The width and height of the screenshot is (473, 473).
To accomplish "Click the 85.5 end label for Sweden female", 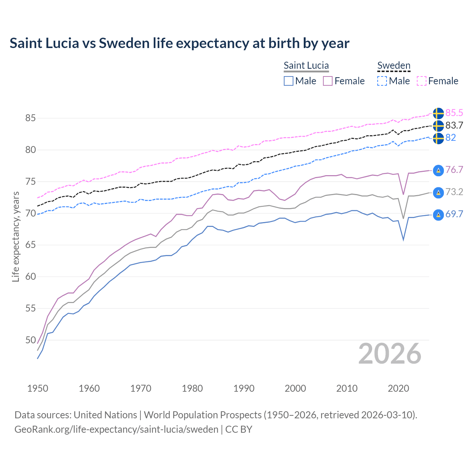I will (x=454, y=113).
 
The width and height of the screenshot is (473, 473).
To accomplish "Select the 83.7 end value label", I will (x=454, y=125).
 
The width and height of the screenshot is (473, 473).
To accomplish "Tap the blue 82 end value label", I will (x=450, y=137).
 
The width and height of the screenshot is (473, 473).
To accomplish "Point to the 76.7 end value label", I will (x=454, y=170).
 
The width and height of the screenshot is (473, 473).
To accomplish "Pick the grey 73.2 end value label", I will (x=454, y=192).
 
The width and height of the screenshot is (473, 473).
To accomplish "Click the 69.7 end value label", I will (x=454, y=214).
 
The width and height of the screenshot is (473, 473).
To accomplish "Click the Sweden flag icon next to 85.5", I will (x=438, y=113).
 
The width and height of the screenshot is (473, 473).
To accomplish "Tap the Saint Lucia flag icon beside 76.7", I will (x=438, y=170).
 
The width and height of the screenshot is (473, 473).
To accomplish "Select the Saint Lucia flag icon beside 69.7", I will (x=438, y=215).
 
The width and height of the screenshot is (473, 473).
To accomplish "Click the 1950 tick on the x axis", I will (x=38, y=388).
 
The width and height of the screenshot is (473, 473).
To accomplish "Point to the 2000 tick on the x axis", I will (x=295, y=388).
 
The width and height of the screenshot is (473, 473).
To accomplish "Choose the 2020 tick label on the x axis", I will (x=398, y=388).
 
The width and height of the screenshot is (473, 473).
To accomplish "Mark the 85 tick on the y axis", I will (x=30, y=118).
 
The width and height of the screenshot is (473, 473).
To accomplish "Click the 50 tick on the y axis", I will (x=30, y=340).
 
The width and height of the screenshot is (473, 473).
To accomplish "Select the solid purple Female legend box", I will (x=328, y=81).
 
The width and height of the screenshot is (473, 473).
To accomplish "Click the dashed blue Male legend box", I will (x=382, y=81).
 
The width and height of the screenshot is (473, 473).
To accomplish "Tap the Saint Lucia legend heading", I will (x=306, y=65).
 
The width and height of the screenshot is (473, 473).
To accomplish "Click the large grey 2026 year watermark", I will (x=390, y=354).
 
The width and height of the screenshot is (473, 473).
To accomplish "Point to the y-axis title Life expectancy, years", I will (x=16, y=236).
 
